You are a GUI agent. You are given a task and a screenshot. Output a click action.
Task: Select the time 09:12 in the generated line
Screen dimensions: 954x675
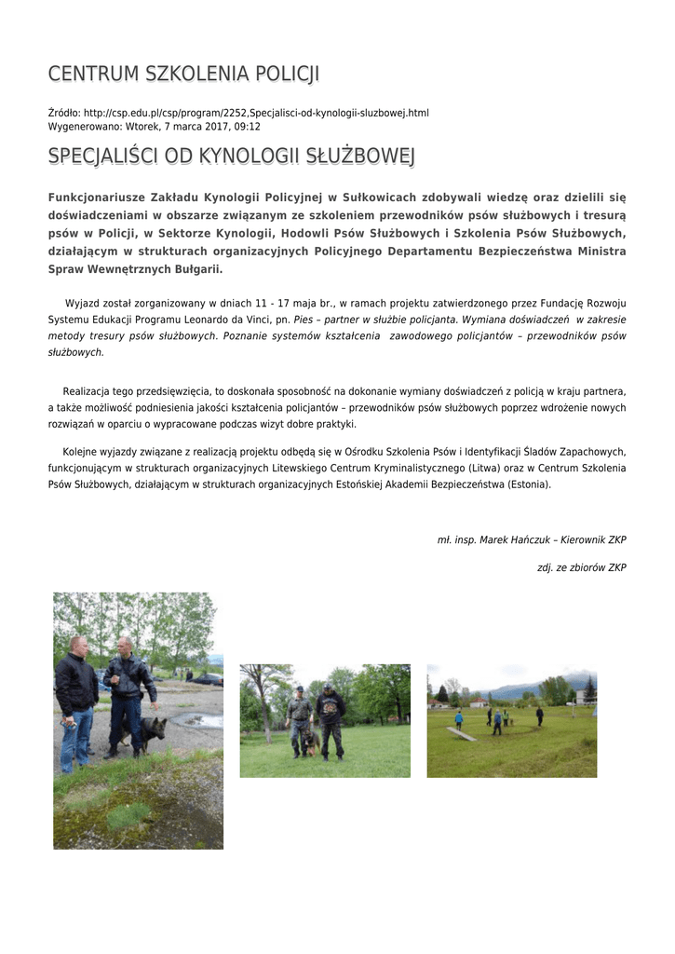[x=248, y=126]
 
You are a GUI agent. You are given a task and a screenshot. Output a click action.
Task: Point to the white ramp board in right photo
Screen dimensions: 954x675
[x=461, y=734]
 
